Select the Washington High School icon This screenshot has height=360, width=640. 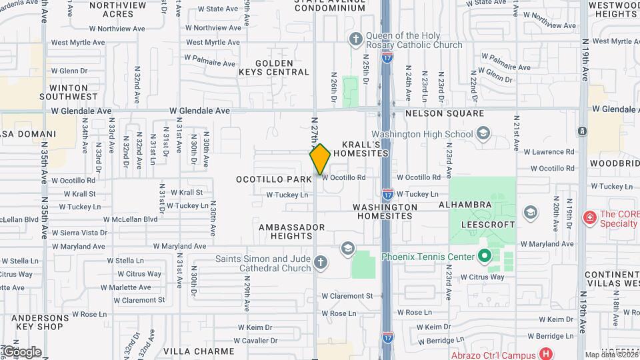[x=484, y=134]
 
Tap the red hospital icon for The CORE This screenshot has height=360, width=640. [x=589, y=218]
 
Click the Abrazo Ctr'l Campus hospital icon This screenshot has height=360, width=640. [x=546, y=353]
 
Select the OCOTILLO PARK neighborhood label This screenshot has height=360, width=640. [x=274, y=179]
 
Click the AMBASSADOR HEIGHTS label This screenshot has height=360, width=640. [x=291, y=231]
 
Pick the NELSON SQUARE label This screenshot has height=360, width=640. [x=445, y=113]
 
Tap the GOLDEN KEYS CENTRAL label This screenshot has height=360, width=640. [x=274, y=67]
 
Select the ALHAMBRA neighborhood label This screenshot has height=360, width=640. [x=465, y=206]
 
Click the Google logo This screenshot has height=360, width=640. [x=21, y=351]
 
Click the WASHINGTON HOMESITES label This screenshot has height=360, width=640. [x=387, y=211]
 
